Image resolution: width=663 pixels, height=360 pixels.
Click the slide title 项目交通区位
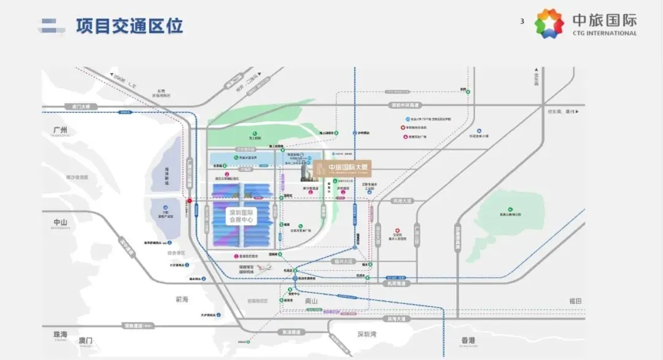point(130,26)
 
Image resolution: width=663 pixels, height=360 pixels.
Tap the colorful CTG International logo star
point(549,24)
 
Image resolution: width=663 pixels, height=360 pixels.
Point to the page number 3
point(522,22)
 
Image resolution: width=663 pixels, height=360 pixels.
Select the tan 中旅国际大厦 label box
point(341,168)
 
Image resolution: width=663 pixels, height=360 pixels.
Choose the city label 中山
point(61,222)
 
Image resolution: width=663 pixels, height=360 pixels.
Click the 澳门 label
point(85,340)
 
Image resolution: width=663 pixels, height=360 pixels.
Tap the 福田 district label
point(575,301)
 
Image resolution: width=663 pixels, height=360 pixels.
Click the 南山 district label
point(313,302)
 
